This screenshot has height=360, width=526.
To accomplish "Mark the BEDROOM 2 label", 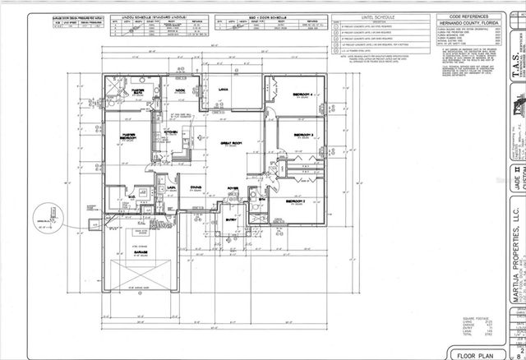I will [297, 201].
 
